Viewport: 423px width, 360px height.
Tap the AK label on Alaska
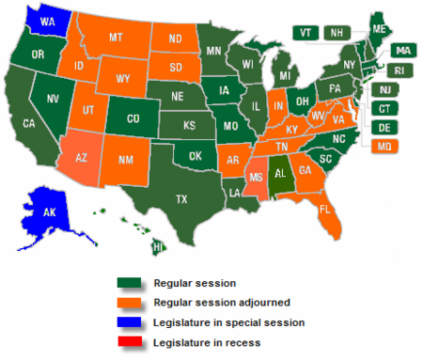click(51, 212)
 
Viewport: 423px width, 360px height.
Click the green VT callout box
click(305, 32)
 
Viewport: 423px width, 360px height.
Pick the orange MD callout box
click(384, 146)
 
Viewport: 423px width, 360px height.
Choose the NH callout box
click(333, 32)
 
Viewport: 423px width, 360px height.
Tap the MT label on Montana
click(117, 38)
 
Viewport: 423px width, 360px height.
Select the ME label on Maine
click(378, 28)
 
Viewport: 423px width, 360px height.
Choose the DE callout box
click(384, 127)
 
